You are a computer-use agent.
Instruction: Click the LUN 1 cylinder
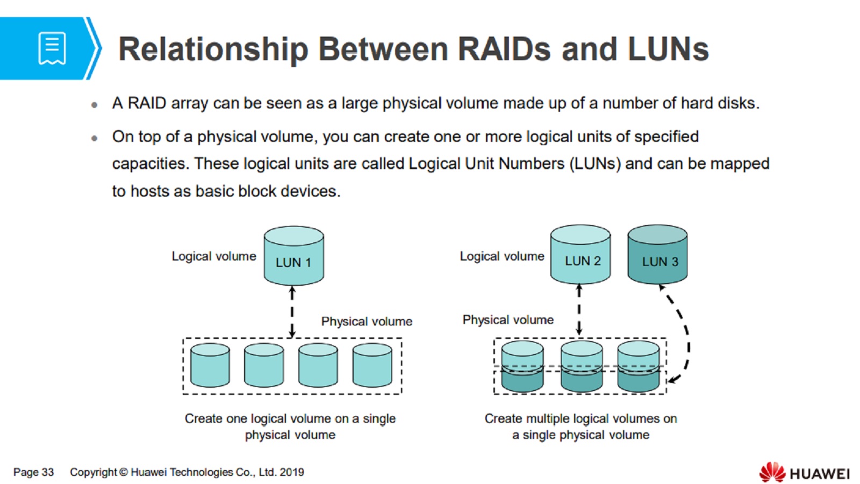coord(293,256)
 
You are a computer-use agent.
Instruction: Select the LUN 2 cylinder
coord(580,255)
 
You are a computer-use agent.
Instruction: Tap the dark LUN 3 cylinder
coord(658,255)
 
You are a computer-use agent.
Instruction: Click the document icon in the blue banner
coord(52,49)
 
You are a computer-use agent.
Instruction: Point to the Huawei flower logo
coord(772,472)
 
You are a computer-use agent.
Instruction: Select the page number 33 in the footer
coord(48,472)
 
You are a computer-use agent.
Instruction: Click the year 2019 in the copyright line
coord(292,472)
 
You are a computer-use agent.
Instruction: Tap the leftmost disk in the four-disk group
coord(210,365)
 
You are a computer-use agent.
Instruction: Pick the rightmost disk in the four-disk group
coord(372,365)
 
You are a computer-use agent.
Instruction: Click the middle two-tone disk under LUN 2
coord(581,366)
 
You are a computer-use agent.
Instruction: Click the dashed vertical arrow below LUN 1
coord(292,312)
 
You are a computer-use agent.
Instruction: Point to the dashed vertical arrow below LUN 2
coord(579,309)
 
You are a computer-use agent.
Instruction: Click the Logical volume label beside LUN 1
coord(214,256)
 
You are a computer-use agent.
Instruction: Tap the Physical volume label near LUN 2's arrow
coord(508,320)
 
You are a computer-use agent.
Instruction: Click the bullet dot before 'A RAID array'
coord(95,104)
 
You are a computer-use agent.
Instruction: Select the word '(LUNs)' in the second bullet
coord(595,164)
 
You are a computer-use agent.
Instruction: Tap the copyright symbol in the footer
coord(123,472)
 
